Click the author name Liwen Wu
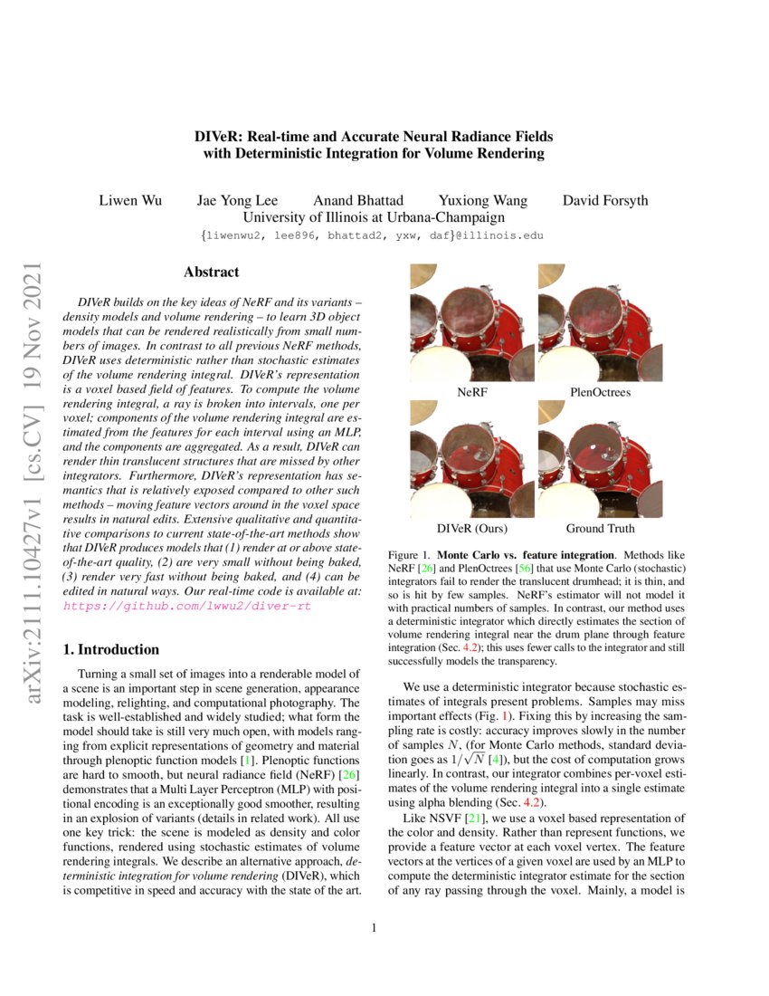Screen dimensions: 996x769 tap(130, 200)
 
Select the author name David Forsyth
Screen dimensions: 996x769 tap(605, 200)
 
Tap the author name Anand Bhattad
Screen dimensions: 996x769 tap(358, 200)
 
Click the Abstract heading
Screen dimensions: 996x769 tap(212, 272)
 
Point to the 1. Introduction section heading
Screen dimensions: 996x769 tap(111, 649)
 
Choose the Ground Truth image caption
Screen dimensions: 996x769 tap(601, 528)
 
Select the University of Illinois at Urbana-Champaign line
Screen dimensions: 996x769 tap(374, 217)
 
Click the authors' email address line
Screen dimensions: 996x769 tap(374, 235)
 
